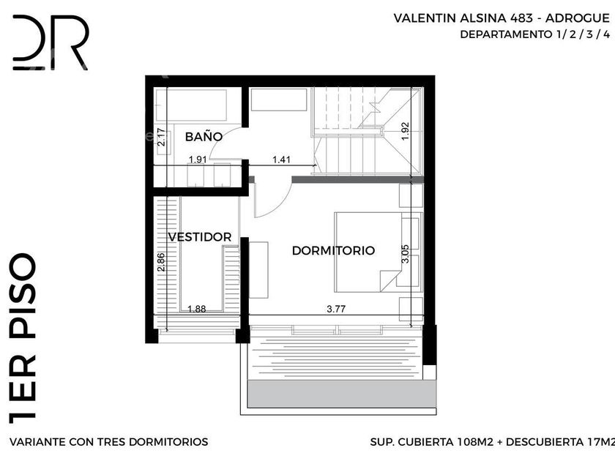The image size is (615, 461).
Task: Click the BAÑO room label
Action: click(x=204, y=136)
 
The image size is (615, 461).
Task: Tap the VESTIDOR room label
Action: click(x=200, y=237)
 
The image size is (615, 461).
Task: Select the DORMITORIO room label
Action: click(x=333, y=250)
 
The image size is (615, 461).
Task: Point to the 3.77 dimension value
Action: click(x=336, y=309)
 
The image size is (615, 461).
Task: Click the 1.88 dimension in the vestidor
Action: click(x=196, y=309)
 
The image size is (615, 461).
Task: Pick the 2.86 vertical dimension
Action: click(x=161, y=262)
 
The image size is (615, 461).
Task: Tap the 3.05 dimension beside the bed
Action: click(x=405, y=254)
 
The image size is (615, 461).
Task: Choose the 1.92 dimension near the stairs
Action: click(x=405, y=131)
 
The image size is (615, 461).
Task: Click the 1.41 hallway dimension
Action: click(x=281, y=160)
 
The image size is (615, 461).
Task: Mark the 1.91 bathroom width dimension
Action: click(x=197, y=160)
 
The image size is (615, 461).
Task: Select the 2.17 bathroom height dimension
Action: click(x=161, y=138)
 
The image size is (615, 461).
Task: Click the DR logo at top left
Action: click(x=51, y=42)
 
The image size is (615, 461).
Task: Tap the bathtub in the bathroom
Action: click(x=191, y=105)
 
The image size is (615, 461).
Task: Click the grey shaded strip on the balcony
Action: click(x=342, y=394)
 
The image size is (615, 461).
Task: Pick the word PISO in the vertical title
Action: click(x=23, y=296)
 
